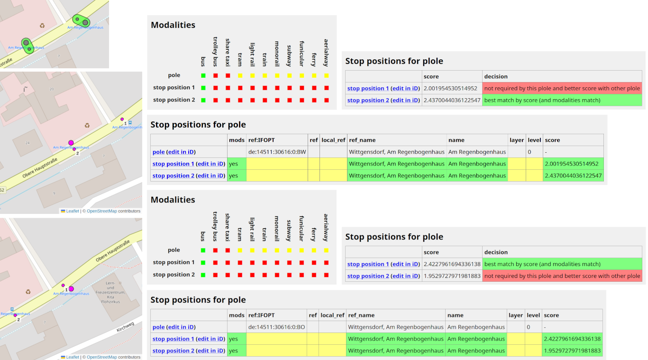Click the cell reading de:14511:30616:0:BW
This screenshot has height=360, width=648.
(x=277, y=152)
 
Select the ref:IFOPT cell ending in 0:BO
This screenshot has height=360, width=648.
(x=276, y=327)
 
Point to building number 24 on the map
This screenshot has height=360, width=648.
(x=27, y=143)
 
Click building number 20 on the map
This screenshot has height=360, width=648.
(x=52, y=89)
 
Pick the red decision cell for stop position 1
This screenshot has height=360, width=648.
(x=562, y=88)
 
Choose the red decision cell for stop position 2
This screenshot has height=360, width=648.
(x=562, y=276)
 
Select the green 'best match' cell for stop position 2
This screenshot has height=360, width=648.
(x=562, y=100)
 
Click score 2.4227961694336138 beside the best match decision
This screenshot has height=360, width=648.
(x=452, y=264)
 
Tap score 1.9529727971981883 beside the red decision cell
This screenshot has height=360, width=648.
(x=452, y=276)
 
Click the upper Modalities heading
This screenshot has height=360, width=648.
(x=173, y=25)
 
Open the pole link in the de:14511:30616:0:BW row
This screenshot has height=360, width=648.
(x=158, y=152)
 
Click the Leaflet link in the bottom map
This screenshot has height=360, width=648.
(x=72, y=357)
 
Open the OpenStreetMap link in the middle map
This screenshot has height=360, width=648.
(x=101, y=211)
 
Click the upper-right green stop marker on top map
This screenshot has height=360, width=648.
(x=81, y=21)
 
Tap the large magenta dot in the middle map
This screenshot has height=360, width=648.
(x=71, y=142)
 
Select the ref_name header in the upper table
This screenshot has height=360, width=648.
(x=362, y=140)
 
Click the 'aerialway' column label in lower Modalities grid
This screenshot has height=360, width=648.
(x=326, y=227)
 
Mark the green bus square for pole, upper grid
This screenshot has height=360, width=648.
(x=203, y=75)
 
